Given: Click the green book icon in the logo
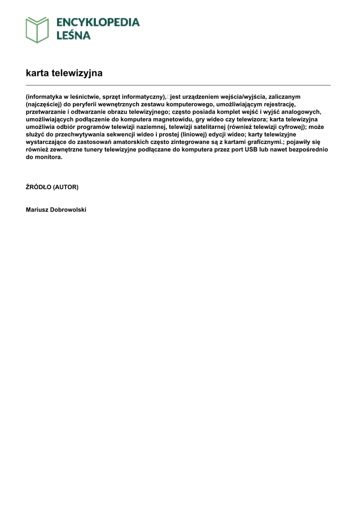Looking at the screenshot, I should tap(37, 30).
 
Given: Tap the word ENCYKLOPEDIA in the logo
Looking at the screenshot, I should tap(97, 22).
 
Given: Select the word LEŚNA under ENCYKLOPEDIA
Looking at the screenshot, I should tap(72, 35).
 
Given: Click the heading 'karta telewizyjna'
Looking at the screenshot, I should tap(64, 73).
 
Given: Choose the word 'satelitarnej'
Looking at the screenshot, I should tap(208, 127).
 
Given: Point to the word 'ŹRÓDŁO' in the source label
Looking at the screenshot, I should tap(38, 187).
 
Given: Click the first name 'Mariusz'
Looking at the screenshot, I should tap(38, 210).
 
